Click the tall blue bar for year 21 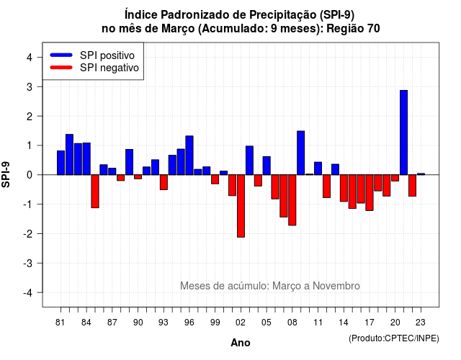point(403,132)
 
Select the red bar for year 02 point(241,206)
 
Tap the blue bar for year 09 point(301,153)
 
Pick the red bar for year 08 point(292,200)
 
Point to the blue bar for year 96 point(189,156)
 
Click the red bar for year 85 point(95,192)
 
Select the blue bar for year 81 point(61,163)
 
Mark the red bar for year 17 point(370,193)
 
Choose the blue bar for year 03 point(249,161)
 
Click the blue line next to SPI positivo point(61,55)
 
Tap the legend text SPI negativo point(109,68)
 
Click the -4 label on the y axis point(29,293)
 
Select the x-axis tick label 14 point(344,323)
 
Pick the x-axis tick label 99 point(215,323)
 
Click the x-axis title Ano point(241,343)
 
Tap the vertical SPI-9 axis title point(6,174)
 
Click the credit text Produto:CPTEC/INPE point(394,338)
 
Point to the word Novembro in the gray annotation point(336,286)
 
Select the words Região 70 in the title point(353,29)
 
